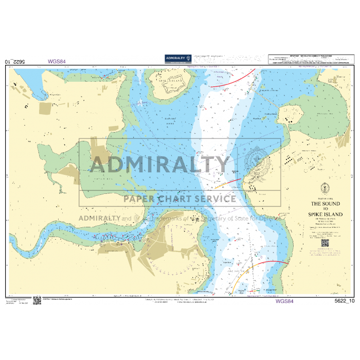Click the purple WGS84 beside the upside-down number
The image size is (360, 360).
click(57, 62)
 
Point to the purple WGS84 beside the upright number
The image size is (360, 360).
click(284, 301)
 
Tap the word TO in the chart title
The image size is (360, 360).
click(324, 208)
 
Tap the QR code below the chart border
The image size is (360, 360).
click(37, 301)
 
